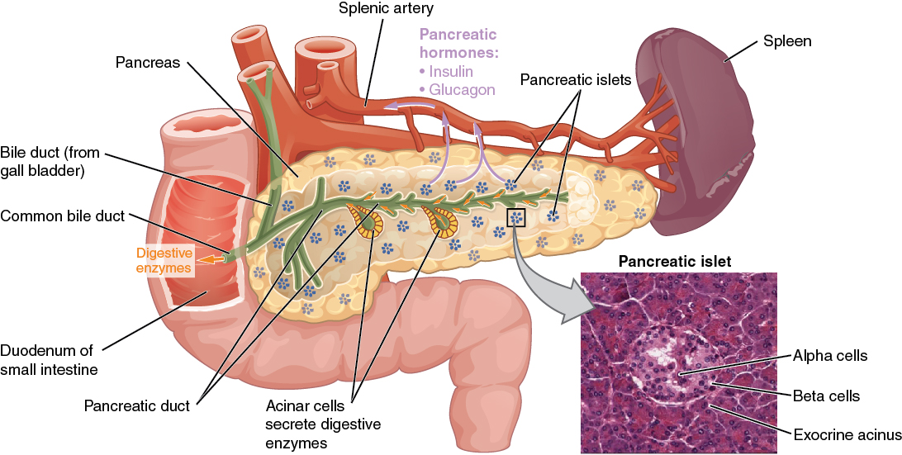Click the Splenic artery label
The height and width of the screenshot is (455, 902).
386,9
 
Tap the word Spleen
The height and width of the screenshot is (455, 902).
787,40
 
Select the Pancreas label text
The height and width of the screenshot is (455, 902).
148,63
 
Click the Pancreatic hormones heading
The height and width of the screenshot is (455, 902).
458,44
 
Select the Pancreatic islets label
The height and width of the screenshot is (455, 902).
576,80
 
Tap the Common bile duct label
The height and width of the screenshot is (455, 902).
63,216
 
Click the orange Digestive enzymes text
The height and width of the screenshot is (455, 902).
164,260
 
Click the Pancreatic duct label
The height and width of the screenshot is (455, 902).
137,405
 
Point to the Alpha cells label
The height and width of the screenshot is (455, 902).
830,356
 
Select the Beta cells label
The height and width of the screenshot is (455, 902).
826,396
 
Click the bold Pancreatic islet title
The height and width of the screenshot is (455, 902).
675,262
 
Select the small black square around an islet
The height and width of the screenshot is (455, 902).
516,218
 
